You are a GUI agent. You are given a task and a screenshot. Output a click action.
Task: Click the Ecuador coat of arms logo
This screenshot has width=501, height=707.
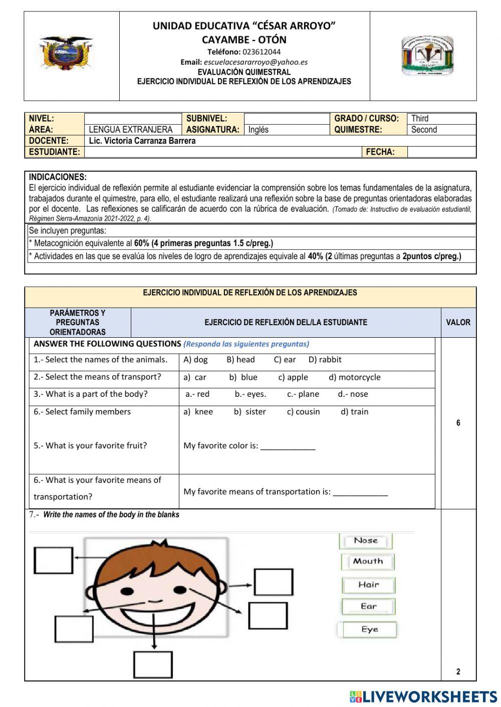66,53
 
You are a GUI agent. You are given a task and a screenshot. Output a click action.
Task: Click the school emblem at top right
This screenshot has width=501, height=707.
427,56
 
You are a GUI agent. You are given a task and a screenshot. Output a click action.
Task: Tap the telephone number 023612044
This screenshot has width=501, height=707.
262,52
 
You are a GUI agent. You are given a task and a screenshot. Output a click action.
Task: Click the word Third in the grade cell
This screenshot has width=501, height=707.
420,119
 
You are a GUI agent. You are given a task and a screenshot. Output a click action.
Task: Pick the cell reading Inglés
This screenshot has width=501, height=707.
259,130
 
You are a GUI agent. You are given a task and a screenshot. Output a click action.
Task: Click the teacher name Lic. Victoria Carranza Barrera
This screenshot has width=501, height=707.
142,141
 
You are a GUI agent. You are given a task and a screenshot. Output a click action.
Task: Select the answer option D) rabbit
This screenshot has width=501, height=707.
325,359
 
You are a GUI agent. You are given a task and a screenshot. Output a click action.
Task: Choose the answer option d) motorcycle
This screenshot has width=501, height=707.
354,377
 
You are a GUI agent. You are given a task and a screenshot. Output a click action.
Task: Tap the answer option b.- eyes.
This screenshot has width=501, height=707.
250,394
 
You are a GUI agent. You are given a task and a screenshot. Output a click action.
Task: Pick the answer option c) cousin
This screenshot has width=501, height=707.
303,411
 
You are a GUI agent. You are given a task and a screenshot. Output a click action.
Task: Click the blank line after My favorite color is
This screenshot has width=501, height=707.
288,446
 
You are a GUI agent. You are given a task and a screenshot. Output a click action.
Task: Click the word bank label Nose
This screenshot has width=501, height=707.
366,540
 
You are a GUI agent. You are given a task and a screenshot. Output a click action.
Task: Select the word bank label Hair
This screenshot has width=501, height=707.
368,584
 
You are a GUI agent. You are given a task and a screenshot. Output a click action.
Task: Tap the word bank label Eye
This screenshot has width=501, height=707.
369,629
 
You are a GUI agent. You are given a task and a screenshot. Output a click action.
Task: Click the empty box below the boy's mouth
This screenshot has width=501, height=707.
153,664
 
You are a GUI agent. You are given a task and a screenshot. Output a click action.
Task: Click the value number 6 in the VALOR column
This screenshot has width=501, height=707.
458,423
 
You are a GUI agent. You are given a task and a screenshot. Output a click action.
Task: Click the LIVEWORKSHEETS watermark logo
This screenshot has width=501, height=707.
423,696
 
